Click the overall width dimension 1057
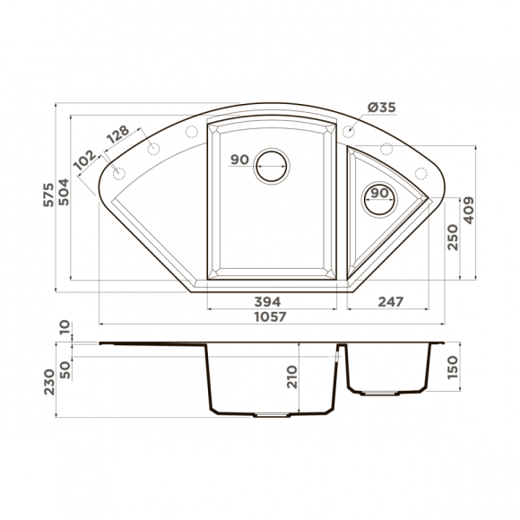[x=269, y=316]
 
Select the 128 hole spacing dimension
[x=117, y=135]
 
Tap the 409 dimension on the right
[x=468, y=212]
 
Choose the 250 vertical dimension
[x=452, y=237]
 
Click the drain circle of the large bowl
[x=272, y=164]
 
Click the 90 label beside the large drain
[x=238, y=160]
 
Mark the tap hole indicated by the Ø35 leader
[x=350, y=132]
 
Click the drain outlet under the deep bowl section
[x=268, y=415]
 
